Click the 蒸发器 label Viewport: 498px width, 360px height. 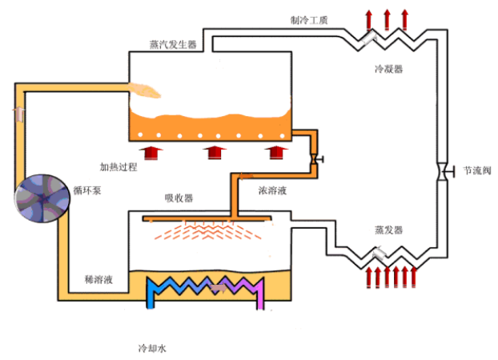coord(388,230)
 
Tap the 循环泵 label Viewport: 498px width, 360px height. coord(86,190)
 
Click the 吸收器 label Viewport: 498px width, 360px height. coord(178,198)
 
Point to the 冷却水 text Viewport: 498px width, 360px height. coord(152,349)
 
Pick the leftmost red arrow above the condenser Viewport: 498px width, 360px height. coord(369,18)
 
